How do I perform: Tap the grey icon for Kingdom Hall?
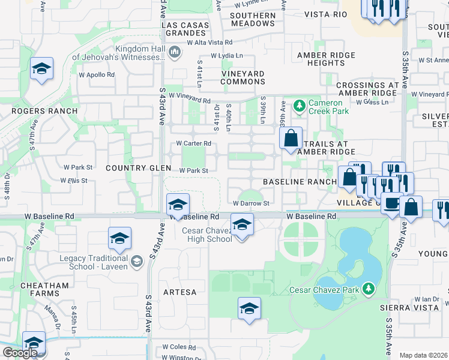[175, 53]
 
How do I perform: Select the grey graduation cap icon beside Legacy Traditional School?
[137, 261]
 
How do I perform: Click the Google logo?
[20, 353]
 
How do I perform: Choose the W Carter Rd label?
[193, 143]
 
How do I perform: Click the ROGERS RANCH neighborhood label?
[44, 111]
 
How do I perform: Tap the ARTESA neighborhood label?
[180, 292]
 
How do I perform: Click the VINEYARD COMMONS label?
[243, 77]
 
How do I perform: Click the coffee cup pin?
[391, 203]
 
